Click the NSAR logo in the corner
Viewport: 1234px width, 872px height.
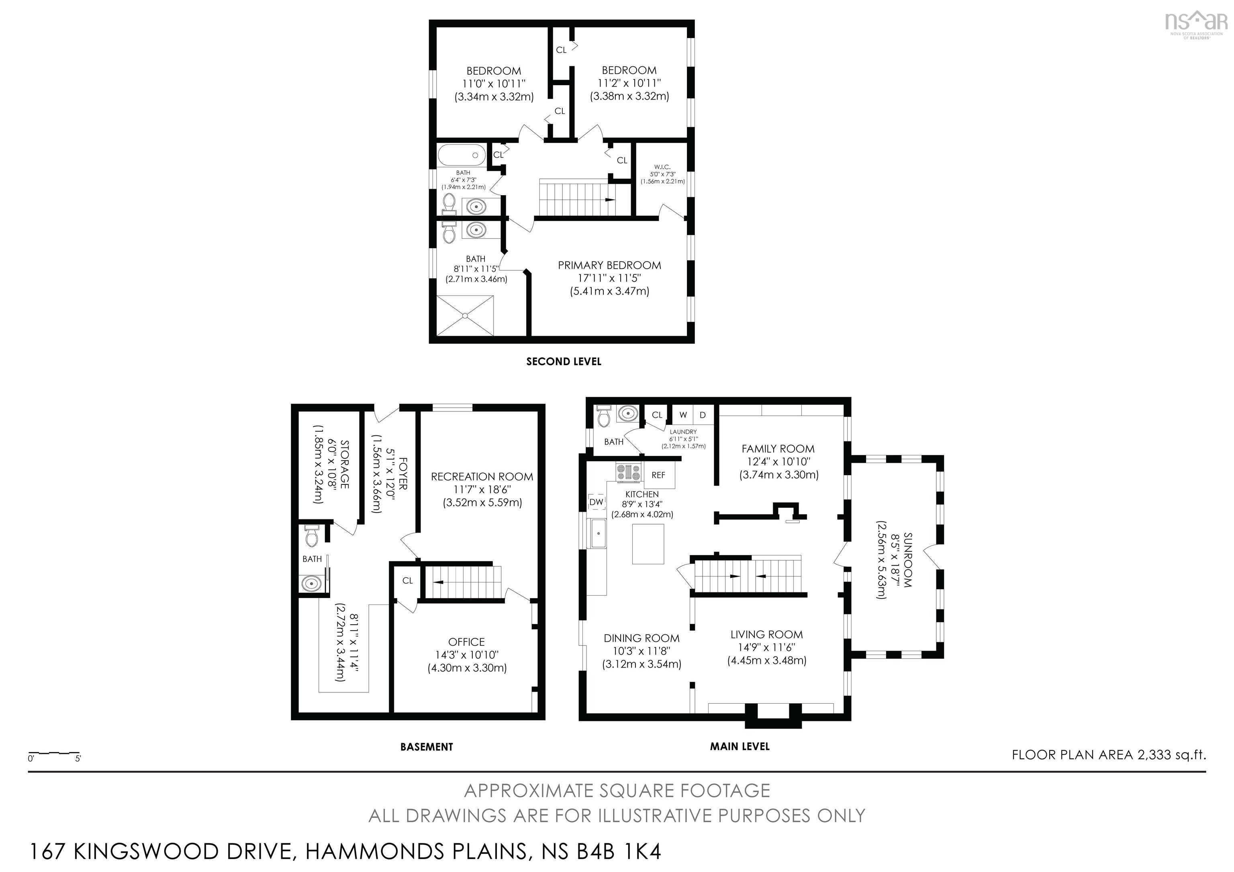1195,24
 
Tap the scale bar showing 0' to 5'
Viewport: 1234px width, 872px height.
54,754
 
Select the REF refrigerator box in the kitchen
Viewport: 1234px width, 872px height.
658,475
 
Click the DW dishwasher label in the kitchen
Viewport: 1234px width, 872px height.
596,502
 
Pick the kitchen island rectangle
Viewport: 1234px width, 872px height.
648,544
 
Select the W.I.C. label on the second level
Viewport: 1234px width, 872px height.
662,167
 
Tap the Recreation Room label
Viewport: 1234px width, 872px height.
482,476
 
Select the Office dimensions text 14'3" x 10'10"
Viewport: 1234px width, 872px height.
466,655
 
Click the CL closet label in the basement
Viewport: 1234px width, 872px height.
407,580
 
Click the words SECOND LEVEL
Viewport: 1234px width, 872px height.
563,361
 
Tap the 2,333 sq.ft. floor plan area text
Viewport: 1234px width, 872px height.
1172,754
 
